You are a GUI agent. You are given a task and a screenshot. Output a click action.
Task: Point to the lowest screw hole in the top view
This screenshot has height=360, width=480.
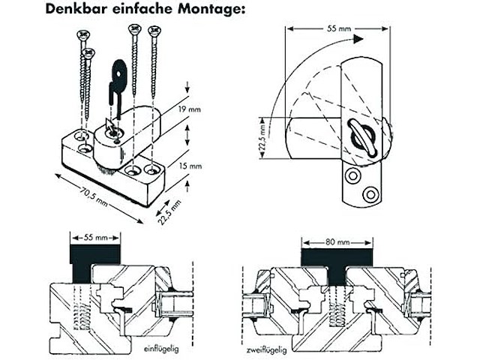pos(367,194)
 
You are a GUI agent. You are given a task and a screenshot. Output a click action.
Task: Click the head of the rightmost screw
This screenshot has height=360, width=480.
pos(156,31)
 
